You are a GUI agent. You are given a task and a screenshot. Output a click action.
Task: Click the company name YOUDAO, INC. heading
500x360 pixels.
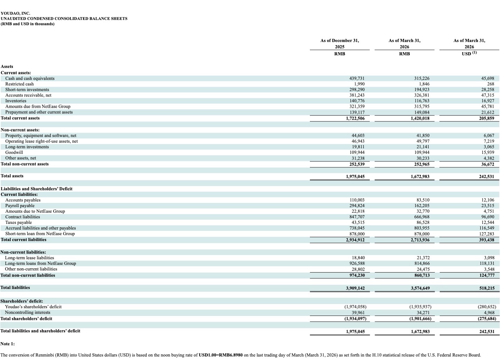pos(15,13)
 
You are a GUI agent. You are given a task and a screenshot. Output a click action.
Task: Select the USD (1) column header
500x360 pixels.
pos(469,53)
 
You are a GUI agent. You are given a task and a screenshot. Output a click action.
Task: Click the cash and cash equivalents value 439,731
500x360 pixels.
pos(357,78)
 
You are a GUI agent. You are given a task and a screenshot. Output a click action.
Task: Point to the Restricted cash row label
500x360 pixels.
pos(19,84)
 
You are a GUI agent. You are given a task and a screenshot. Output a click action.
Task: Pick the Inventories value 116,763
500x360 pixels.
pos(422,101)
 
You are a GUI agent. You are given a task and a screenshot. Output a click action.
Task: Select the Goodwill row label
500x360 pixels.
pos(14,152)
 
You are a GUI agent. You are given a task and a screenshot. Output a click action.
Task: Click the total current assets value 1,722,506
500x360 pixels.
pos(355,118)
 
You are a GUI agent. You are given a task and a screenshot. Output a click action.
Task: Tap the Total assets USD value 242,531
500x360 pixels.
pos(486,176)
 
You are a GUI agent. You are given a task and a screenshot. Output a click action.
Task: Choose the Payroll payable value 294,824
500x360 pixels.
pos(357,206)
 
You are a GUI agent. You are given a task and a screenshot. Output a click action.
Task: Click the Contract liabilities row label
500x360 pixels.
pos(22,217)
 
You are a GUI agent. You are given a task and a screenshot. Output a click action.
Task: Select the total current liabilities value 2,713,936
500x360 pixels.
pos(420,240)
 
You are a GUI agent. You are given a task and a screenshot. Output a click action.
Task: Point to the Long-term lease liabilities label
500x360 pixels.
pos(29,258)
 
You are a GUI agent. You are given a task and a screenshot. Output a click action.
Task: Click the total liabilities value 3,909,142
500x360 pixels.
pos(355,288)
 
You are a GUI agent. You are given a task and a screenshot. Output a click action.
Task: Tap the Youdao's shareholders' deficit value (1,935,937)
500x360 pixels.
pos(420,307)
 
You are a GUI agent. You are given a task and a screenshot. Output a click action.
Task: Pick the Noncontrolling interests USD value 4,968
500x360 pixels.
pos(489,313)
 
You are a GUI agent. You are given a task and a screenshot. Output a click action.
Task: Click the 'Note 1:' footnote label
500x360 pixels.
pos(7,344)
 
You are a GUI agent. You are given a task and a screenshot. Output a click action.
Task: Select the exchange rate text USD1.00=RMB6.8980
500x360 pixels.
pos(221,355)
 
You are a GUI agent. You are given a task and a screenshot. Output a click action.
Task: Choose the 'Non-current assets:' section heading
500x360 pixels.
pos(20,130)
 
